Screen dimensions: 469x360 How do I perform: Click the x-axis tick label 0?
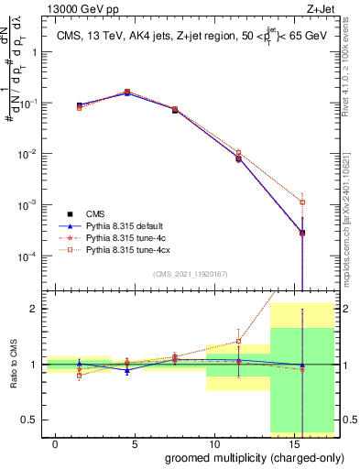pos(56,444)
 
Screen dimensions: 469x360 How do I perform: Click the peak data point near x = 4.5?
pos(127,93)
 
